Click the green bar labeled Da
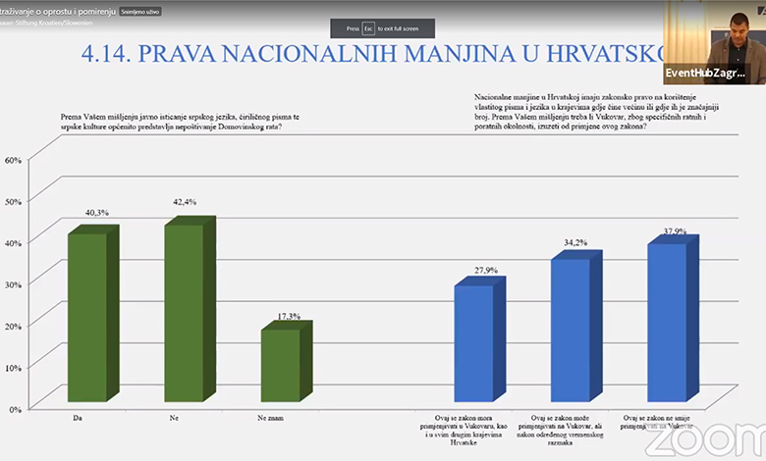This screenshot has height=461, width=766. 86,319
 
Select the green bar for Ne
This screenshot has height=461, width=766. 183,314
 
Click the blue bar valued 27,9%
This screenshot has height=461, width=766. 473,343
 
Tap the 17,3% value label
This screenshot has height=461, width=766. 289,316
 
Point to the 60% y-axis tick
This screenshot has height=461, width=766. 13,160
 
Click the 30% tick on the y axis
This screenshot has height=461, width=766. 13,282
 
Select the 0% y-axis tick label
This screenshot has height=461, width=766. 15,406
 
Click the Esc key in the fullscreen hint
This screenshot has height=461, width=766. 369,29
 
